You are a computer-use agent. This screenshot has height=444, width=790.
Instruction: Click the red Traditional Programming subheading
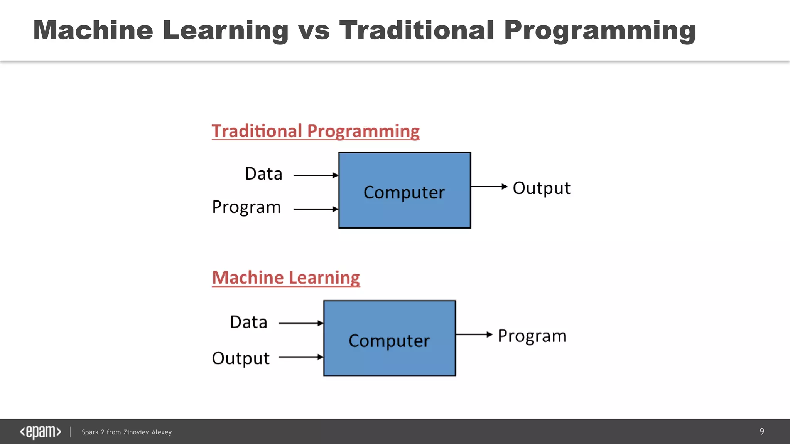[315, 131]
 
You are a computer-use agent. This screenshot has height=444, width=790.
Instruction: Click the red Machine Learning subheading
[286, 278]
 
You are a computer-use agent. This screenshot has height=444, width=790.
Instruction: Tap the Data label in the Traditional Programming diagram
[264, 174]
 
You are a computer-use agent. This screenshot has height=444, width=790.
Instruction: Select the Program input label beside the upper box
[246, 207]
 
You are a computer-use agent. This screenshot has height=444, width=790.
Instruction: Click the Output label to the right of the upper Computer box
[541, 188]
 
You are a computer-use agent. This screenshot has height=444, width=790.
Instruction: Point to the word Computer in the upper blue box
[404, 192]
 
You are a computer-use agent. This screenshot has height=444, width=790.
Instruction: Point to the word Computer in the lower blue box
[389, 341]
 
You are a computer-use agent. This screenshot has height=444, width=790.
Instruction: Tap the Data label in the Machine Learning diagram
[249, 322]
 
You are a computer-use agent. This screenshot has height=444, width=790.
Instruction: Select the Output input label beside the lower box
[241, 358]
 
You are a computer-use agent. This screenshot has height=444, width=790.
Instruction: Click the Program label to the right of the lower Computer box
[532, 336]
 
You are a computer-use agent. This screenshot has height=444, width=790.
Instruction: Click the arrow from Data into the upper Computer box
[316, 175]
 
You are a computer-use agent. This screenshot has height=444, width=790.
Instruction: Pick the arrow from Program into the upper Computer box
[316, 209]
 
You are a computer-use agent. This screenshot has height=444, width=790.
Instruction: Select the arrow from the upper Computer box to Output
[489, 187]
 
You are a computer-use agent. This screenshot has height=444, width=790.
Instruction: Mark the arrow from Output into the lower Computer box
[300, 357]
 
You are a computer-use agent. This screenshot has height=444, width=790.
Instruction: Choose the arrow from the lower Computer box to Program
[474, 335]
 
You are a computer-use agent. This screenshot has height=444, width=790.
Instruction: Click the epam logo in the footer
[41, 432]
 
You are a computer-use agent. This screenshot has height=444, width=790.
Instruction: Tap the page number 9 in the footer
[761, 431]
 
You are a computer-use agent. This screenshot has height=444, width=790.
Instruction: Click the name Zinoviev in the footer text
[136, 432]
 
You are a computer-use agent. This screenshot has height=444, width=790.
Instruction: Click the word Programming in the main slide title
[599, 31]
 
